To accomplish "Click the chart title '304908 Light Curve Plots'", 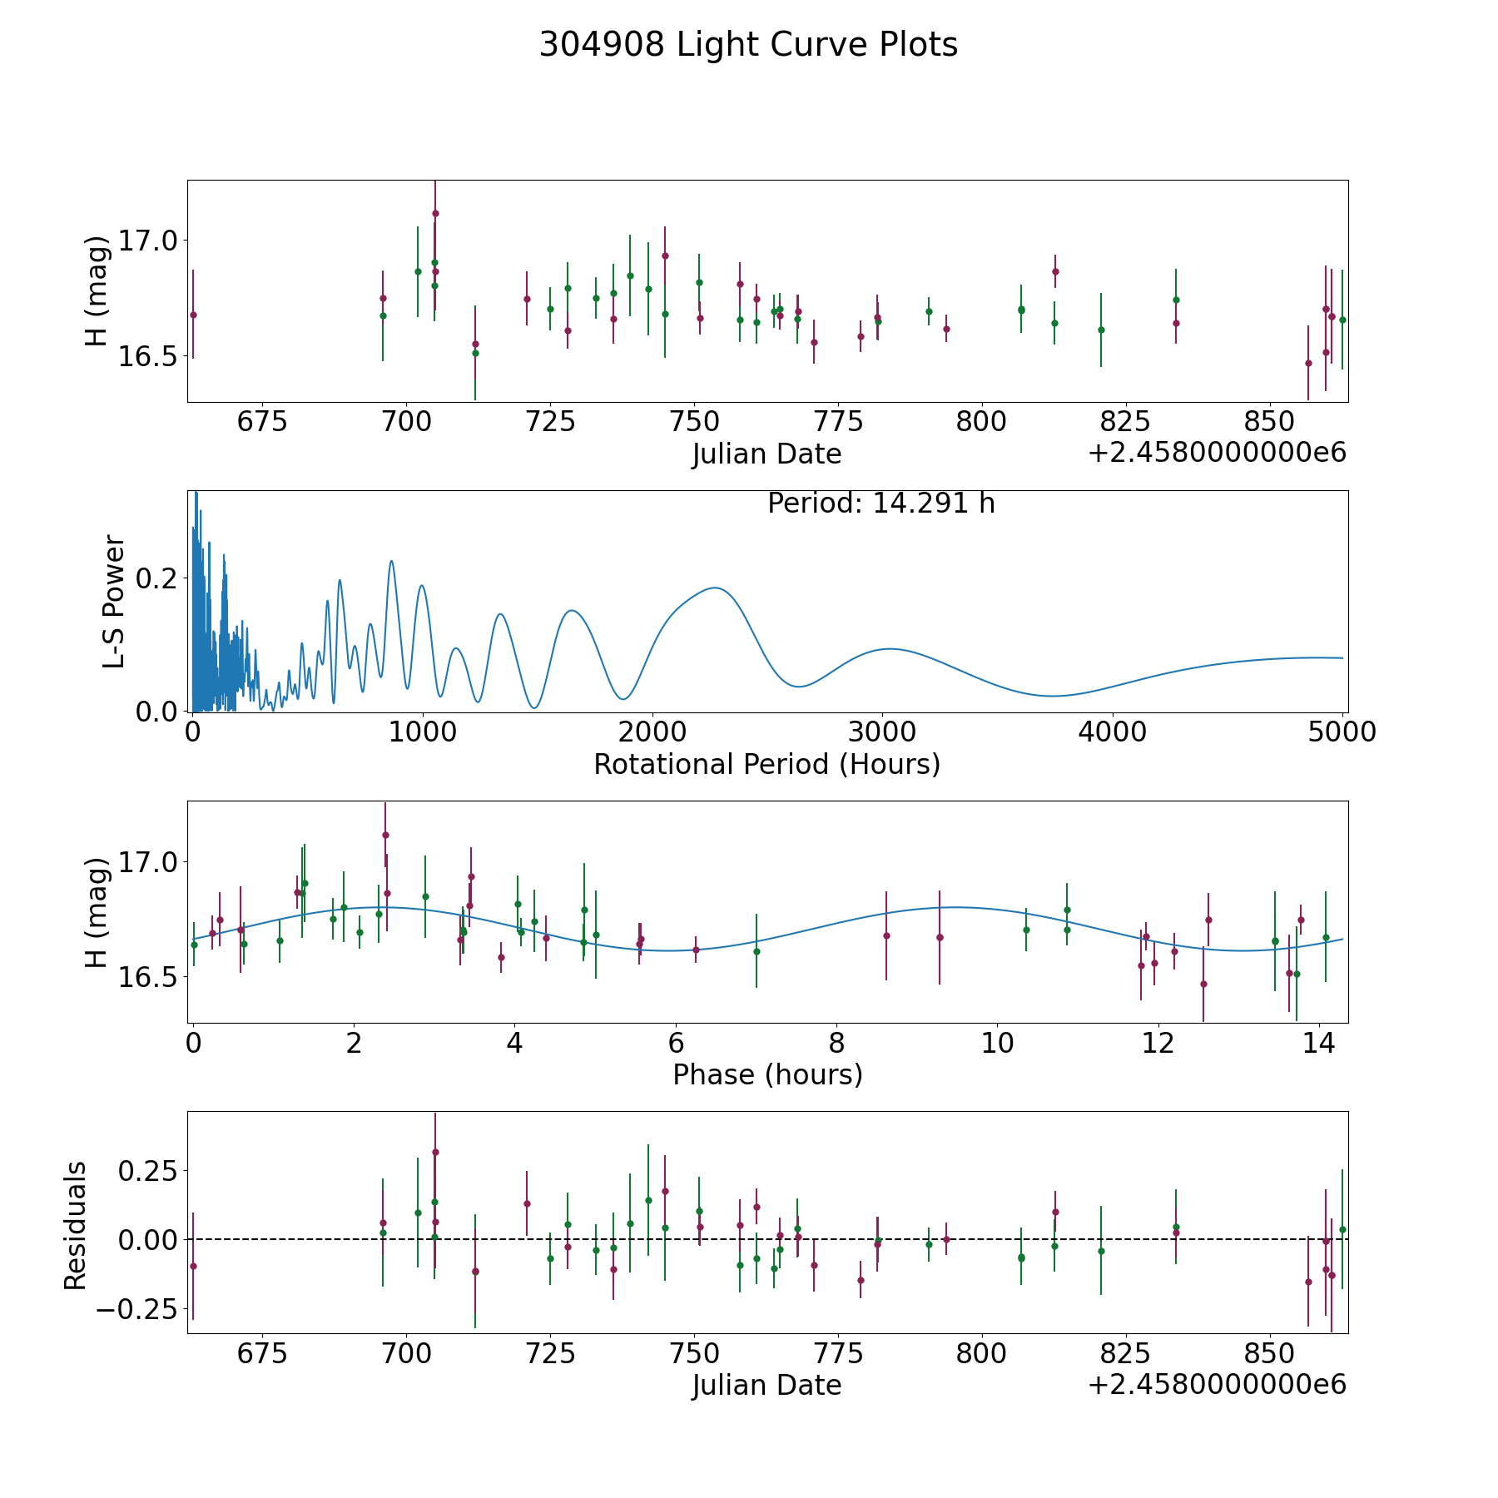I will point(748,45).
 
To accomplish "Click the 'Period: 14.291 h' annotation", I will point(880,503).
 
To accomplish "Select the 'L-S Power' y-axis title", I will point(114,601).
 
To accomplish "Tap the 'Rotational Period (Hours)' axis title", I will point(766,764).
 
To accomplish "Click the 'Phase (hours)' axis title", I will point(766,1074).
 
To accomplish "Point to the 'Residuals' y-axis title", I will point(76,1225).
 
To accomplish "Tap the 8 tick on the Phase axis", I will point(836,1043).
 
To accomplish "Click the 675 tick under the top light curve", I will point(262,422).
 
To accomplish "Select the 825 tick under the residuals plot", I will point(1124,1353).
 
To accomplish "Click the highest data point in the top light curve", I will point(435,213).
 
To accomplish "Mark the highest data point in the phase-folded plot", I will point(385,835).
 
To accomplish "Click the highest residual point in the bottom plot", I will point(435,1152).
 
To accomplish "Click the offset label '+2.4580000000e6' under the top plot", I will point(1217,454).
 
